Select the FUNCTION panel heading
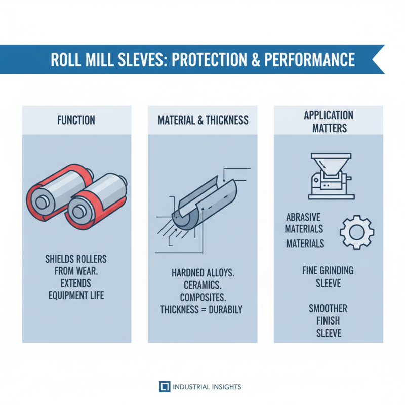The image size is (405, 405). tap(76, 120)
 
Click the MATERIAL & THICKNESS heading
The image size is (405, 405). tap(202, 120)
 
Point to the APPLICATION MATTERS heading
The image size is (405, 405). tap(328, 121)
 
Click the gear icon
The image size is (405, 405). tap(356, 232)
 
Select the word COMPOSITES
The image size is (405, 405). tap(202, 297)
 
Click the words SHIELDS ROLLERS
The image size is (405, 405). tap(76, 259)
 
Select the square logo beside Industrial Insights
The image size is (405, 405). tap(164, 387)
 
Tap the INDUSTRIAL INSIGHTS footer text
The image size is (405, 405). tap(207, 387)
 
